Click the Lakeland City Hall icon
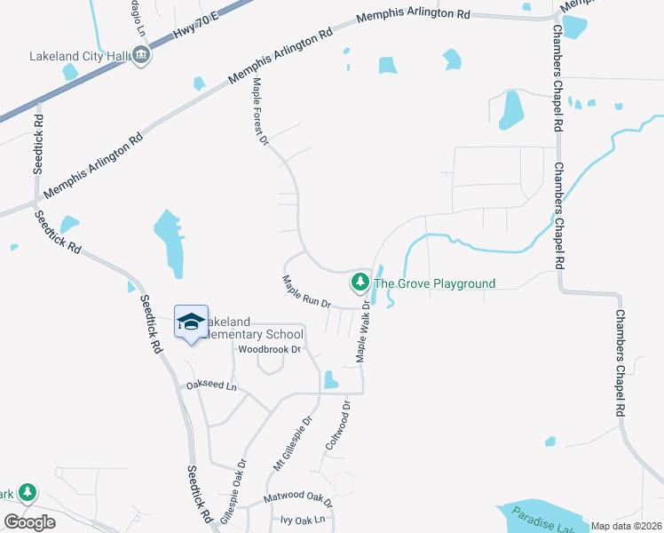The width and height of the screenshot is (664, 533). click(142, 56)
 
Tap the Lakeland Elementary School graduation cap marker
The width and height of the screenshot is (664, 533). click(191, 322)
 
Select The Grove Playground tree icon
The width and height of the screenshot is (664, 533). click(360, 283)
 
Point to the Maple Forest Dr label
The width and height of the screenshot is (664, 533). click(259, 111)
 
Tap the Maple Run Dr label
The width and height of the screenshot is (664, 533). click(306, 290)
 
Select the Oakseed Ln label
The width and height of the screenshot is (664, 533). click(212, 386)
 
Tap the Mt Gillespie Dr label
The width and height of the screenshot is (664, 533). click(293, 444)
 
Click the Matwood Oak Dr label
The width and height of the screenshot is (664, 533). click(296, 495)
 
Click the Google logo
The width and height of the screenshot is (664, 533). click(29, 522)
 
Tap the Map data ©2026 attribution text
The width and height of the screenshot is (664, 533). click(626, 526)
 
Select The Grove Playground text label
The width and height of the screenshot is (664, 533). click(434, 284)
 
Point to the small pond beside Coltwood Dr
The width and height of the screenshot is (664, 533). click(330, 380)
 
